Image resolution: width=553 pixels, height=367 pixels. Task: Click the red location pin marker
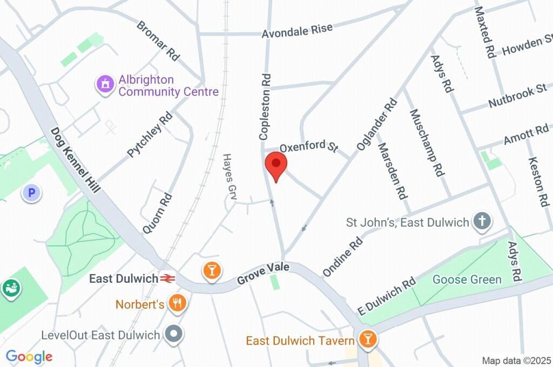pos(276,165)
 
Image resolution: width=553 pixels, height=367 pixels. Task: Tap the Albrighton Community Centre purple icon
pos(105,84)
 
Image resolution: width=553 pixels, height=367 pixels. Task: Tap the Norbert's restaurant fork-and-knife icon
pos(177,304)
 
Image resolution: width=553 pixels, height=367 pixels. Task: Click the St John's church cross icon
pos(481,221)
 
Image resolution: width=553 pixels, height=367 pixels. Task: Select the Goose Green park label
pos(467,280)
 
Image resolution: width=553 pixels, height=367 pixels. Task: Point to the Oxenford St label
pos(308,146)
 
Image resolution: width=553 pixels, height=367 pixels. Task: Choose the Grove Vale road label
pos(262,274)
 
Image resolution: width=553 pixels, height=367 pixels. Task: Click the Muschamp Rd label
pos(427,143)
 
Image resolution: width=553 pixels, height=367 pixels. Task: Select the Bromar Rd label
pos(158,40)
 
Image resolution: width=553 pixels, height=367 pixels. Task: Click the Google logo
pos(29,356)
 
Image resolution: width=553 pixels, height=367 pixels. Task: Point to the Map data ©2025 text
pos(516,360)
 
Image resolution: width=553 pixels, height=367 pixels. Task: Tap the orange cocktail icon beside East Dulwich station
pos(211,271)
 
